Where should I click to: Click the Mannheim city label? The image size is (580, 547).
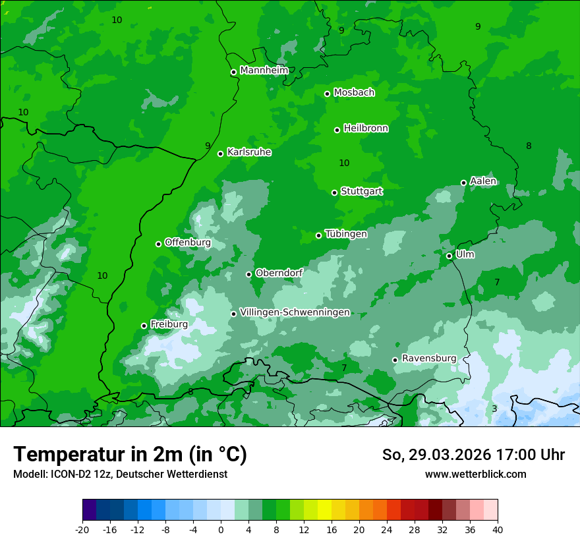pos(264,71)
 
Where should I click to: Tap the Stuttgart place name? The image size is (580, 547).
pos(361,191)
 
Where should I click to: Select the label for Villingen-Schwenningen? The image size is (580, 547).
pos(295,312)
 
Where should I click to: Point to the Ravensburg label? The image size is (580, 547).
pos(428,358)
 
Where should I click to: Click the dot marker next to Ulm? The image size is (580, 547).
pos(449,256)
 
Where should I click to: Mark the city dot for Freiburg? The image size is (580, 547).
pos(144,326)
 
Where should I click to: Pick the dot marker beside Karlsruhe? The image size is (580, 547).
pos(220,154)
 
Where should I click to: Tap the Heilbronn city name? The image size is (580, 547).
pos(366,129)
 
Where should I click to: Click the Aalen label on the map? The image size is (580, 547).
pos(483,181)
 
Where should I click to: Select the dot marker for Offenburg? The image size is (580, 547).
pos(158,244)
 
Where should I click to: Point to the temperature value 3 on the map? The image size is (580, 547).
pos(494,409)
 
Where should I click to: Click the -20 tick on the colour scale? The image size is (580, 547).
pos(82,529)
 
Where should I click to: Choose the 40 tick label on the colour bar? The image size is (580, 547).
pos(497,529)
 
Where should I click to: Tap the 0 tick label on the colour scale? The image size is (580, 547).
pos(221,529)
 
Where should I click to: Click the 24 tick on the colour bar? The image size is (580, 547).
pos(387,529)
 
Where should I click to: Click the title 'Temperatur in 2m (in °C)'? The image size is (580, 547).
pos(130,454)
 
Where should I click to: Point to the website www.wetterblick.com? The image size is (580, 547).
pos(475,474)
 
